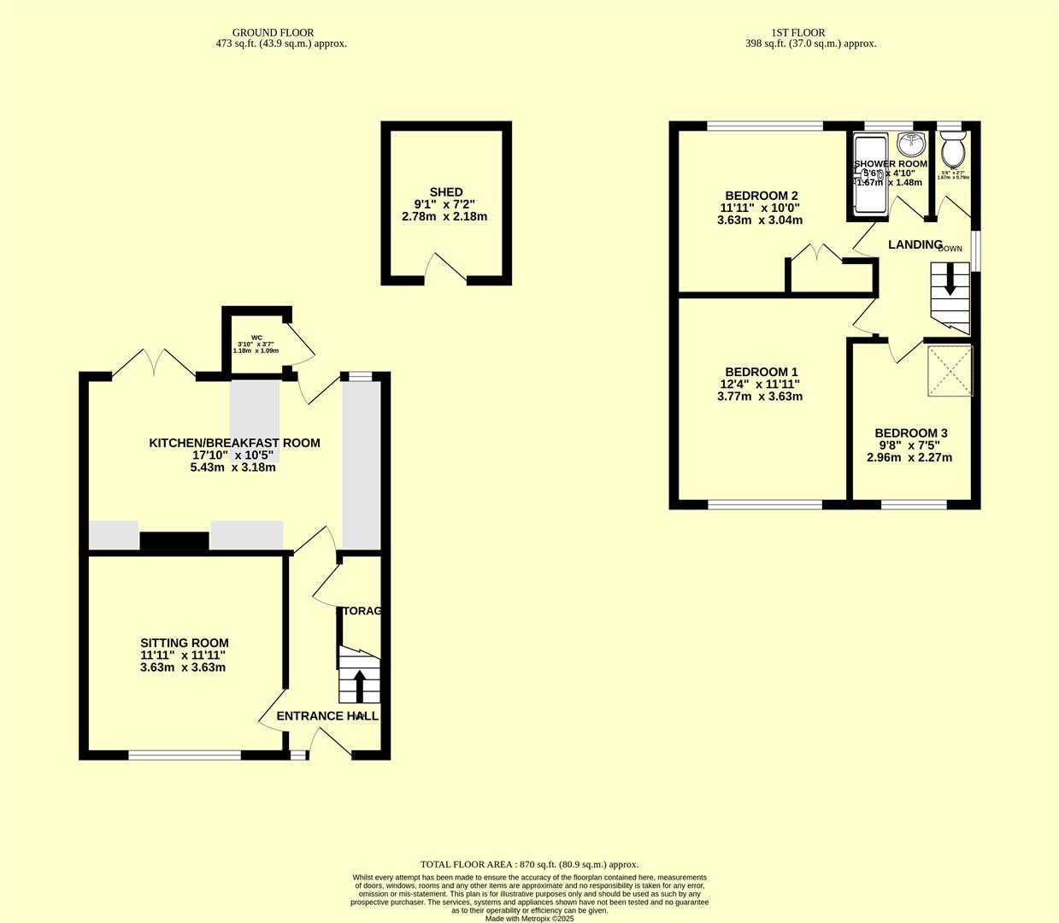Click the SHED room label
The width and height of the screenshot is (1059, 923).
(445, 192)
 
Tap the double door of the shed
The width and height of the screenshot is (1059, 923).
(446, 267)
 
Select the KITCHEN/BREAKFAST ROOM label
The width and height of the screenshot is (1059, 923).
(234, 443)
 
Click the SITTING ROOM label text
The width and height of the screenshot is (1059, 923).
(185, 643)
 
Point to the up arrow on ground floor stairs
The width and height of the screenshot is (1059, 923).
(359, 685)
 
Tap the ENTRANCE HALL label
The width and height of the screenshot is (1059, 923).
(327, 715)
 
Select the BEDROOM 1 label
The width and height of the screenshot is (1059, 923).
(761, 372)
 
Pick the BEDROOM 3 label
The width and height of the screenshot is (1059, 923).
(910, 433)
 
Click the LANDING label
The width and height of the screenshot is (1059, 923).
(915, 244)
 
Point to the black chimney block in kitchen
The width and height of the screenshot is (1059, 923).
(174, 541)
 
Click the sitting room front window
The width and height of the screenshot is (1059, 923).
(185, 755)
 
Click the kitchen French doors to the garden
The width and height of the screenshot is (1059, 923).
(154, 363)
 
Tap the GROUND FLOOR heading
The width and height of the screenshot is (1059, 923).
(273, 32)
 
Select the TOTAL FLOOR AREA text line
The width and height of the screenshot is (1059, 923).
(529, 864)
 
